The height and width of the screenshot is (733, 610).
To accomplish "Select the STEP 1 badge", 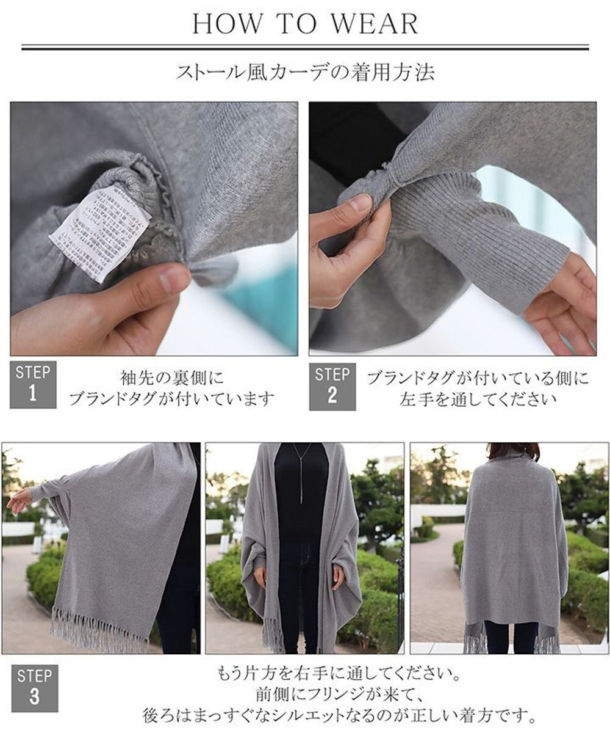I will [33, 385].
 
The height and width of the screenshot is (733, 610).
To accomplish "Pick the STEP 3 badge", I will [34, 688].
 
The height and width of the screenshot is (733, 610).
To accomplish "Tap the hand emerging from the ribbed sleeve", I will [564, 305].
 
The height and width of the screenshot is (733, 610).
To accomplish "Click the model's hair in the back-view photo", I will [512, 451].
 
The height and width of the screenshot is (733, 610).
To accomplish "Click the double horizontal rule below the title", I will [305, 47].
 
